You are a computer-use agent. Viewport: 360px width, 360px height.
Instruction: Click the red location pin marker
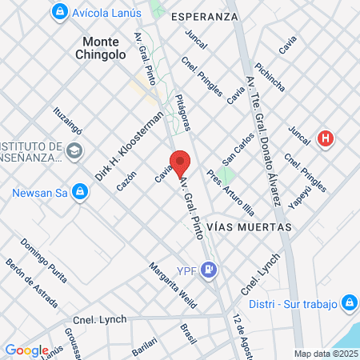(180, 163)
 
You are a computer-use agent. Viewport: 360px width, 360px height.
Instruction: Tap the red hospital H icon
(325, 138)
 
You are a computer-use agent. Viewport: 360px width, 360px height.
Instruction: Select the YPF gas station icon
(209, 270)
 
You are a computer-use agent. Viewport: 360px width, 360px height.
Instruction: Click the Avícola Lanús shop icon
(59, 12)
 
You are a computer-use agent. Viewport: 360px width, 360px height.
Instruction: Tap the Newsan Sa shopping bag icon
(79, 192)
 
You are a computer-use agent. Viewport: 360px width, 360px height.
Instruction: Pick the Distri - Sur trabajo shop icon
(349, 303)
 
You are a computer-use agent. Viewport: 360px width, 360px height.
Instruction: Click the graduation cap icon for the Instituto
(74, 150)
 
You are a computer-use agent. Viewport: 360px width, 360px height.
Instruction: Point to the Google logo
(26, 350)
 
